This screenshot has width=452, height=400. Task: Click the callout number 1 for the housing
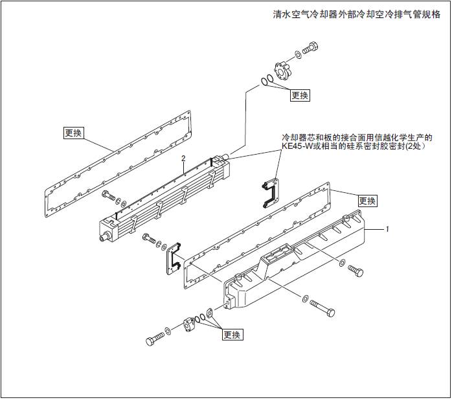(387, 228)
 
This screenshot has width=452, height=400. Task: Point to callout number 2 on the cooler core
(184, 158)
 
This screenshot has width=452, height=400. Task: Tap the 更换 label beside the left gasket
(73, 133)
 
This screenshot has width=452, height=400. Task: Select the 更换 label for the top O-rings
(299, 95)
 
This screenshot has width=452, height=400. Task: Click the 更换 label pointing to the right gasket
(367, 201)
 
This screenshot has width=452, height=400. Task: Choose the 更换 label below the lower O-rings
(232, 335)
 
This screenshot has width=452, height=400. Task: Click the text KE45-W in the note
(299, 147)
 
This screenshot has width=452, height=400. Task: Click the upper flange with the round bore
(282, 70)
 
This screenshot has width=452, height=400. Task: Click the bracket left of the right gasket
(174, 259)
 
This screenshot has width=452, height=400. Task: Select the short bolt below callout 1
(356, 270)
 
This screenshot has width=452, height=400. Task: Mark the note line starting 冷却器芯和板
(357, 138)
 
